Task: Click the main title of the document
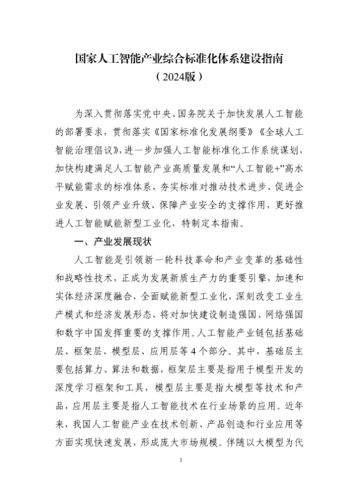181,60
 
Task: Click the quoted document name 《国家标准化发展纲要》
185,130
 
